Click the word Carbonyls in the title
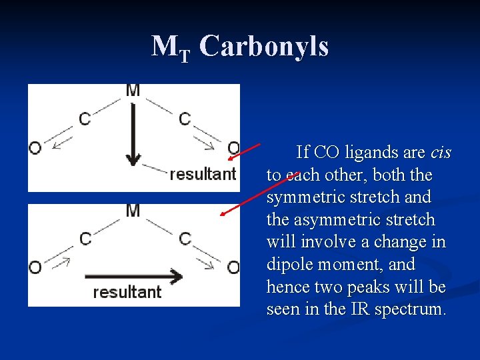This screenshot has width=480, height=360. point(263,47)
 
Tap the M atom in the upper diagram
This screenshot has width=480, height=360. point(133,91)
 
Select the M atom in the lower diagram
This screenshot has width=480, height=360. point(133,211)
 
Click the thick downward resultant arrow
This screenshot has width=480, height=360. point(133,133)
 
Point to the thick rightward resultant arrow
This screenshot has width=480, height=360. point(133,276)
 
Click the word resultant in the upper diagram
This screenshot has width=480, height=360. point(203,174)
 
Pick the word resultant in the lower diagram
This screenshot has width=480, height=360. point(127,292)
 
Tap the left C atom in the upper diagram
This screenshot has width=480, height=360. point(85,119)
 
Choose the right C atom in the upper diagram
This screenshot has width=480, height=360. point(185,119)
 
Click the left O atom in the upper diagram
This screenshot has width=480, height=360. point(35,147)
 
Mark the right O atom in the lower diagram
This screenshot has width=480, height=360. point(233,267)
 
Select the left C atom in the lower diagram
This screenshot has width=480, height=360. point(85,239)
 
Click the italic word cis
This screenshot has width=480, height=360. point(441,153)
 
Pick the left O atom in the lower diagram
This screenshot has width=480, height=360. point(35,267)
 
